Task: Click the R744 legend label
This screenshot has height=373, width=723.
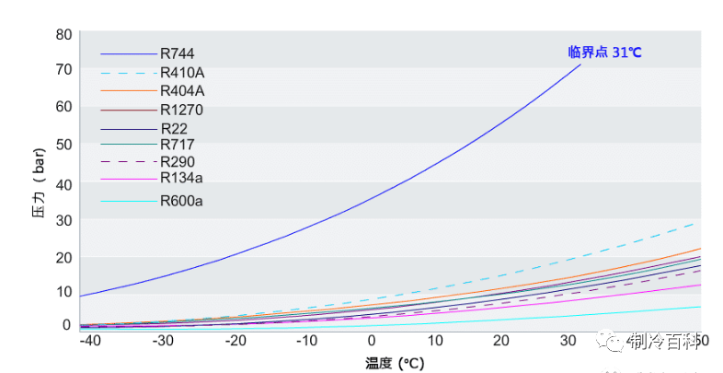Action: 177,54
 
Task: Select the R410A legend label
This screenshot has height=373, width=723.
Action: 182,73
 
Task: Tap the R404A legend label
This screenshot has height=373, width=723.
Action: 182,91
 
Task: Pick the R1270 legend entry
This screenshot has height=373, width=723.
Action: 181,111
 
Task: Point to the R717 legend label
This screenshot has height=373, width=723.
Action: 178,145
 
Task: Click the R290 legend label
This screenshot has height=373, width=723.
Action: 178,162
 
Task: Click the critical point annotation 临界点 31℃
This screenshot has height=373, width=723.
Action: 604,52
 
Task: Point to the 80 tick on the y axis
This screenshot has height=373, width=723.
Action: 63,35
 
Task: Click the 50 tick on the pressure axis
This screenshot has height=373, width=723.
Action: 63,144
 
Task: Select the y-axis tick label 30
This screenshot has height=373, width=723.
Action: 63,219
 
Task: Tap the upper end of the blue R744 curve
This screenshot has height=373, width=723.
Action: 580,65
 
